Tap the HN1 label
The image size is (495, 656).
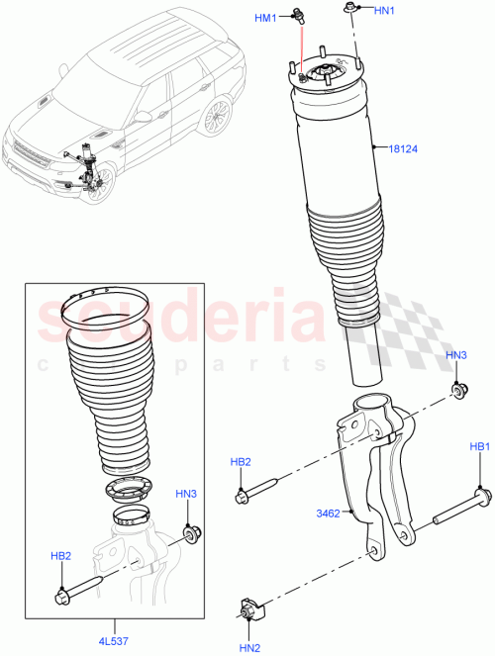click(x=384, y=10)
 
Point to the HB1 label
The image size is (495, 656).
click(x=479, y=448)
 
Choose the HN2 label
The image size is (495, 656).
click(x=249, y=647)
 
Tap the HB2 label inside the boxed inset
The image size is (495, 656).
click(x=61, y=556)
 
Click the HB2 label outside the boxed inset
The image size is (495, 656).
click(x=242, y=461)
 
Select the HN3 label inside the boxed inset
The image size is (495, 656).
click(x=187, y=493)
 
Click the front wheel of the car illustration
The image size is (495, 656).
click(x=99, y=185)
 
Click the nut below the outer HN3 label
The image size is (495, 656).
click(x=458, y=389)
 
